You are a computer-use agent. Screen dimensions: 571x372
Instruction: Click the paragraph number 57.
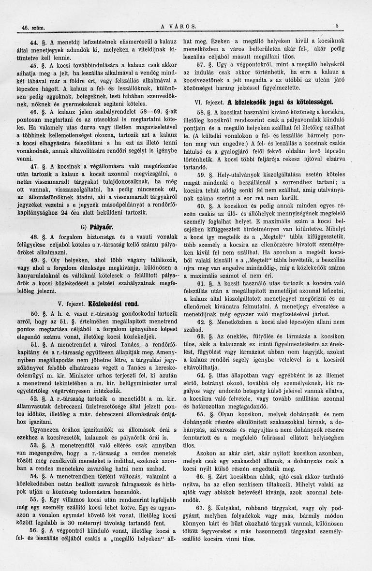point(201,64)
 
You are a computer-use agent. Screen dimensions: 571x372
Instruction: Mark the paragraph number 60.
point(201,205)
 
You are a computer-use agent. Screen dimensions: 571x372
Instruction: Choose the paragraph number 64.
point(201,361)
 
